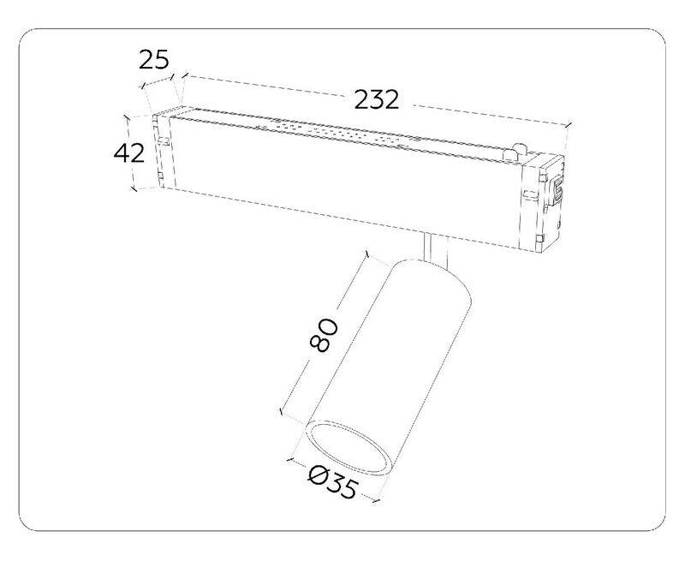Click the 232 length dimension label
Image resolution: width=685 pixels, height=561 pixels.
pos(376,99)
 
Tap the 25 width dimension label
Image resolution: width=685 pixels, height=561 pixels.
pos(154,60)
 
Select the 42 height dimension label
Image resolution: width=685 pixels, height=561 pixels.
pos(129,153)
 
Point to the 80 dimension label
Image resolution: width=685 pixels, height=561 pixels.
pos(324,335)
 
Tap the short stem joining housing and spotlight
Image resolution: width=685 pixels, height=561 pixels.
pos(436,249)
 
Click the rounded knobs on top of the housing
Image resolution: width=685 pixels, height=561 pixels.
pos(515,152)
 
